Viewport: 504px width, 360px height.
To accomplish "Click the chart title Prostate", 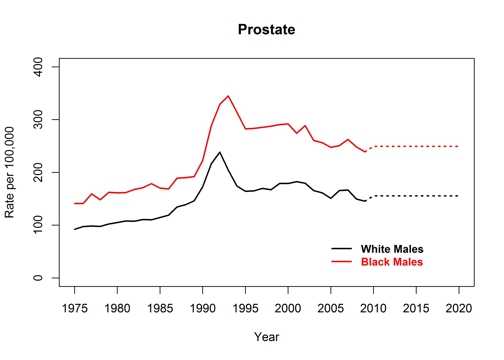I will (265, 30).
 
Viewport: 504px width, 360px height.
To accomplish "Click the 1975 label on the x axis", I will (75, 307).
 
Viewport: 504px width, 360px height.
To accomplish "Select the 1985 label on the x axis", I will (160, 307).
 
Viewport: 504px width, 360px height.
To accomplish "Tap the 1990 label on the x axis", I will (203, 307).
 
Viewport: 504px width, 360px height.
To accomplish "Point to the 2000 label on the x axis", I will (288, 307).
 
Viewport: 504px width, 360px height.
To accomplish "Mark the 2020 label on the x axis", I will (459, 307).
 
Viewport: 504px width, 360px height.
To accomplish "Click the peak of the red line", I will (228, 96).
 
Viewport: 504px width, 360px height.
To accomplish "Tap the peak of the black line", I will (220, 152).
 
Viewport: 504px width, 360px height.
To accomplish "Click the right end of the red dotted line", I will (459, 146).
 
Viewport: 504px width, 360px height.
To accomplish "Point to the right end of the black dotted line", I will (459, 196).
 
